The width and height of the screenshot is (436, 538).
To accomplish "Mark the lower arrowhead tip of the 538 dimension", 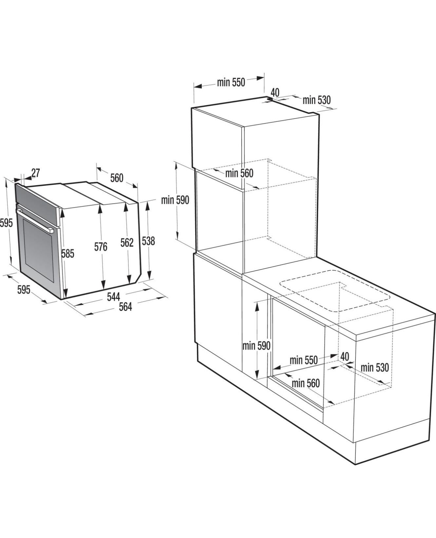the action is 149,278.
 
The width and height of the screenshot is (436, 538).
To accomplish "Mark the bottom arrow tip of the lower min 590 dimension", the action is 257,378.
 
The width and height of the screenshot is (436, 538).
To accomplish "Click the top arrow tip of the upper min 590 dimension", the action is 177,163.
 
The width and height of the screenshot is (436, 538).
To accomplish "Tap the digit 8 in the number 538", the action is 152,241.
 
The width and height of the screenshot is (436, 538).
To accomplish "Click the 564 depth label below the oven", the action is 125,307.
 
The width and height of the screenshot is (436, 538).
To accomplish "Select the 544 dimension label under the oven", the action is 113,297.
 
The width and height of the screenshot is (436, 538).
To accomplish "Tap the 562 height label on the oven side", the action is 127,242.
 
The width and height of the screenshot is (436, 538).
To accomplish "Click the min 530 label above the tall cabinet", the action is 316,100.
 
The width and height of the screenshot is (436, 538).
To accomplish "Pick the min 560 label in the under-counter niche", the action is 306,383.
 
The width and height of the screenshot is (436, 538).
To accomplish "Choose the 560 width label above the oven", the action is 117,178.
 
